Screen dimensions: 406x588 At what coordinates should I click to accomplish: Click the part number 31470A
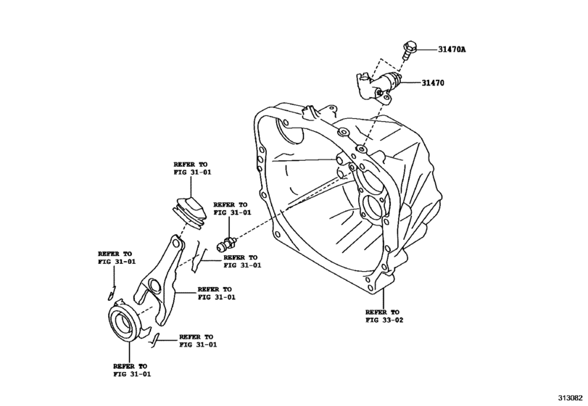pos(452,50)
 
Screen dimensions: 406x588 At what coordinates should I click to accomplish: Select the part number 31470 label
pos(432,83)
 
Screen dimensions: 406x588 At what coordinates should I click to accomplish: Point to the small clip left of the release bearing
pos(108,294)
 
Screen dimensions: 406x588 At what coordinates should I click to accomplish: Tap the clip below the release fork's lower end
pos(156,338)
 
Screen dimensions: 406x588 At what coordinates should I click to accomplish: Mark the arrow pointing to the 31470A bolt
pos(426,50)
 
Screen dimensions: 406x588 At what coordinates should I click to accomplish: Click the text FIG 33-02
pos(384,320)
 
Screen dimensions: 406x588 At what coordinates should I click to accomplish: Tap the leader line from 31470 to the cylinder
pos(411,82)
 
